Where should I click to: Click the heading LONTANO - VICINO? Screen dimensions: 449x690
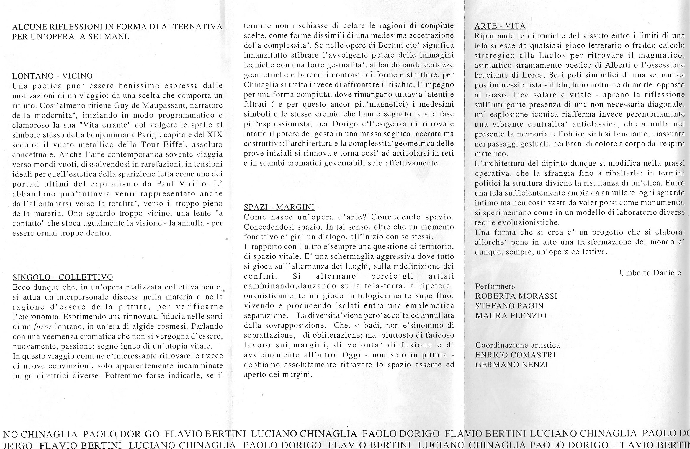[x=53, y=76]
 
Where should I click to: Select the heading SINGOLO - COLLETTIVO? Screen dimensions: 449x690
[x=63, y=277]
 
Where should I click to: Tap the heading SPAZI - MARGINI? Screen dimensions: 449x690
[x=279, y=207]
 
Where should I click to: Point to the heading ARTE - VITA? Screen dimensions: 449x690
[x=500, y=26]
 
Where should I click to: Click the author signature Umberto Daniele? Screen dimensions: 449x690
[x=650, y=273]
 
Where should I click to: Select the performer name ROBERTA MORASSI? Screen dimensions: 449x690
[x=516, y=296]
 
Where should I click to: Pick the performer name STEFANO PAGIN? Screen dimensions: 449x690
[x=509, y=306]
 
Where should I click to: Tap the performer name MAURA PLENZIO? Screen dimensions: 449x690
[x=511, y=315]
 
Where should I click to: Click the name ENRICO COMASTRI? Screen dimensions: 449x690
[x=515, y=355]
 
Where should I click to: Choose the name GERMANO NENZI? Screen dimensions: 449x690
[x=511, y=365]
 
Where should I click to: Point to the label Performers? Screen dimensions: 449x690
[x=495, y=286]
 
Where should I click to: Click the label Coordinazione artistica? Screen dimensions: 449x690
[x=518, y=345]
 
